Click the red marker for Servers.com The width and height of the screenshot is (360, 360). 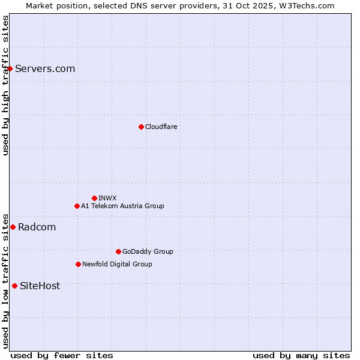point(10,68)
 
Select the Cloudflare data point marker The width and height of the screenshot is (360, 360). point(141,127)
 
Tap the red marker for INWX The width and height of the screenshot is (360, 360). point(94,198)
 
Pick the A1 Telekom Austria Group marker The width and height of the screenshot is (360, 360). point(77,206)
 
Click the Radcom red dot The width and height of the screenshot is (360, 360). point(13,227)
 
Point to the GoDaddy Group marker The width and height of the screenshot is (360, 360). point(118,251)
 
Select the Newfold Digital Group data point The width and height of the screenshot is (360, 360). point(78,264)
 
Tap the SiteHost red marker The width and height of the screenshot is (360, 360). point(14,286)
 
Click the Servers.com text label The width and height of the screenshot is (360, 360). point(45,68)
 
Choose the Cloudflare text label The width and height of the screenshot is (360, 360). point(161,127)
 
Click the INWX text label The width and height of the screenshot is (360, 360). point(107,198)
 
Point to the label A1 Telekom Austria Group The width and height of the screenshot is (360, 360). point(122,206)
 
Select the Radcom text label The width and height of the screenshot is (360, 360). point(37,227)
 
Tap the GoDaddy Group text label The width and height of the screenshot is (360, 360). point(148,251)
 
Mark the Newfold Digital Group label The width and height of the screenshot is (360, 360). point(117,264)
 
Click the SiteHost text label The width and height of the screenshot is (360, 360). point(40,286)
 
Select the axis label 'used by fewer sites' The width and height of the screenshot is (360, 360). point(62,355)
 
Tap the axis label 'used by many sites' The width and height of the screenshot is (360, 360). point(301,355)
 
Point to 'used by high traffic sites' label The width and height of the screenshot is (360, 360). point(5,85)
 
